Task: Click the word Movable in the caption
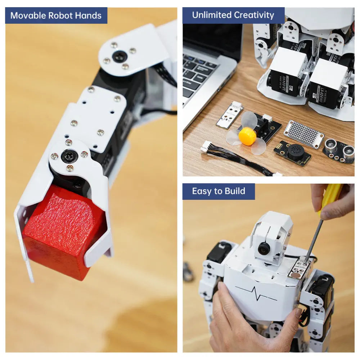click(28, 16)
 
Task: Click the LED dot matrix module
click(304, 134)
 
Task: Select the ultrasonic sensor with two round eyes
click(339, 150)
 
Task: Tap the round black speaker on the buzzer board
click(295, 152)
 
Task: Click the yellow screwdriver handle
click(330, 197)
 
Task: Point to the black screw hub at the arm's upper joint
click(119, 57)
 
